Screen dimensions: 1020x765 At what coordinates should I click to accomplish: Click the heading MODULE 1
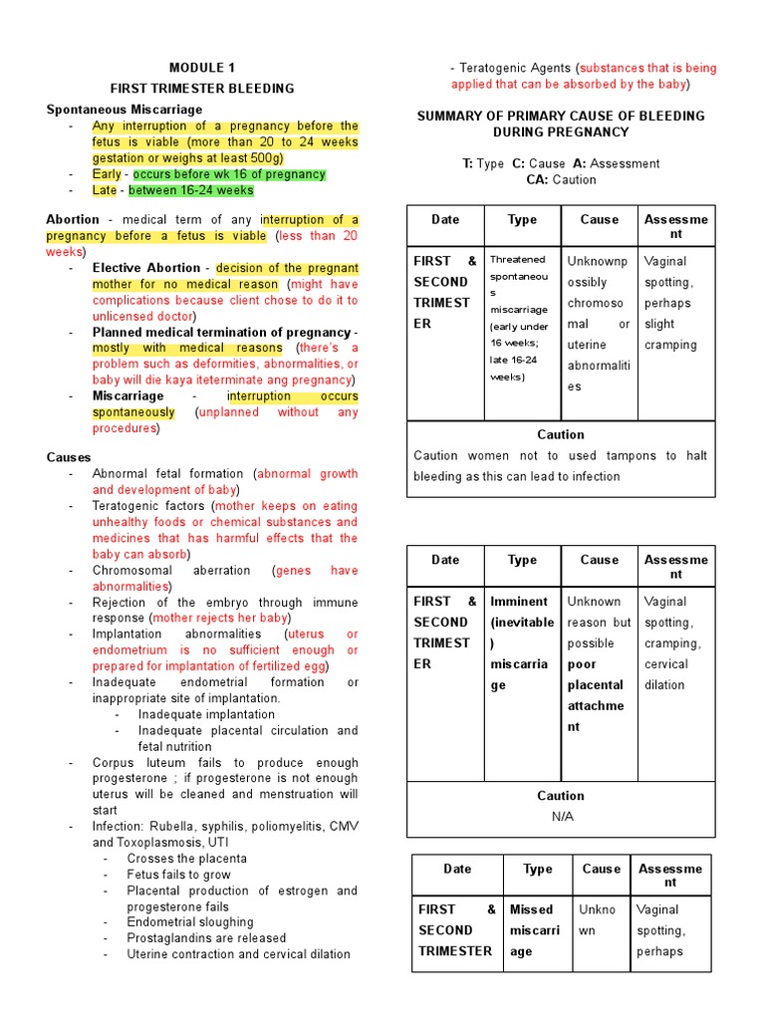coord(202,69)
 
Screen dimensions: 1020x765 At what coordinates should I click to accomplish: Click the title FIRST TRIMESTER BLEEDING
coord(202,89)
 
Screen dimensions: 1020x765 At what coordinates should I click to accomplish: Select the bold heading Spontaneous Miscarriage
coord(124,109)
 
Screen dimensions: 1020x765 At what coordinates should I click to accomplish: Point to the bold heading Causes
coord(69,457)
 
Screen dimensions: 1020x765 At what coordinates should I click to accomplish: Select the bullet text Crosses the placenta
coord(187,859)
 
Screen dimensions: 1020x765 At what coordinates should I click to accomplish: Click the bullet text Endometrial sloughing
coord(190,922)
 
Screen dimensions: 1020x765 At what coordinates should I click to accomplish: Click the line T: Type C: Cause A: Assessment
coord(560,163)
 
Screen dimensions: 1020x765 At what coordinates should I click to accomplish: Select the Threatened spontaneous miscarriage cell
coord(521,319)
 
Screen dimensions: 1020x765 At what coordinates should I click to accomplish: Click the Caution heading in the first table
coord(561,434)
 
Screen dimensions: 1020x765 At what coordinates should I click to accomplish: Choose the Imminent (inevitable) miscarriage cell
coord(521,642)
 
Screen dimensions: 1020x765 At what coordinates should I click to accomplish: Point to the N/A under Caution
coord(561,816)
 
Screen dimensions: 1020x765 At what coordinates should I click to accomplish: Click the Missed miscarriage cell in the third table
coord(536,930)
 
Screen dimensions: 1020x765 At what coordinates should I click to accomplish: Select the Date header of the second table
coord(445,560)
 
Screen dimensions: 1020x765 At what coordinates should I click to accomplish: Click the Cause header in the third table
coord(601,869)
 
